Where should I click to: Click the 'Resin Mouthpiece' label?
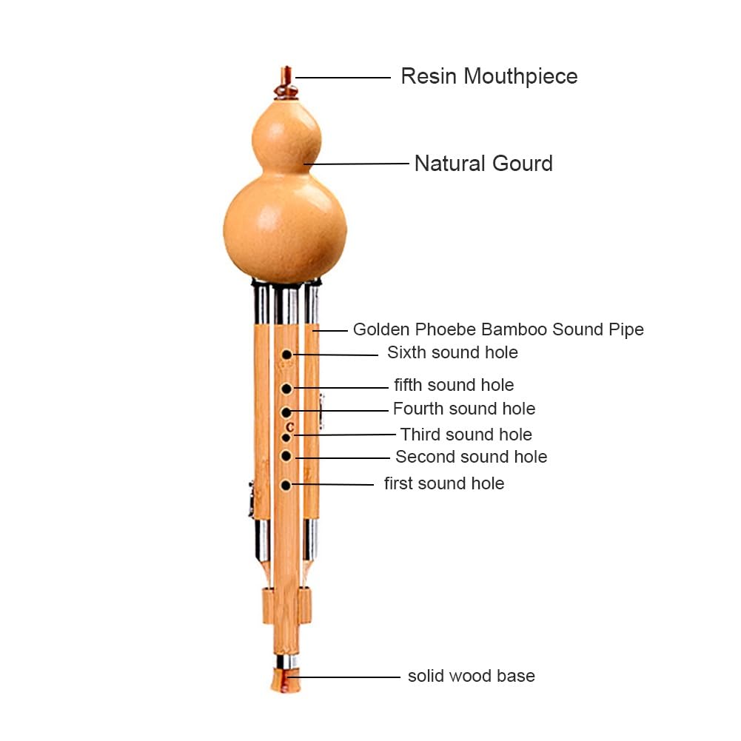[x=489, y=76]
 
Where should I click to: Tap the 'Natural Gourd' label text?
[x=483, y=164]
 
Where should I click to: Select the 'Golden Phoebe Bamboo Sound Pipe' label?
[x=498, y=329]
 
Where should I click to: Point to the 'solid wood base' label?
[x=471, y=676]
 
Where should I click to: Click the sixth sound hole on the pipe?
[x=286, y=355]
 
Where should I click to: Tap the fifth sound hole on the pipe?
[x=286, y=389]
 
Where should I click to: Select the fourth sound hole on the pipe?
[x=286, y=412]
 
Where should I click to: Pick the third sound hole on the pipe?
[x=286, y=437]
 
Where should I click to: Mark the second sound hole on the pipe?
[x=286, y=456]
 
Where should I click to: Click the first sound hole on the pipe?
[x=286, y=486]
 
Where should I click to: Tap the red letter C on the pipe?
[x=290, y=427]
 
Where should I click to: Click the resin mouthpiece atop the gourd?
[x=286, y=83]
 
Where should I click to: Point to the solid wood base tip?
[x=286, y=680]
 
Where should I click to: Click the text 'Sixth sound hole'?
[x=452, y=352]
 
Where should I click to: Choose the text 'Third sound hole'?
[x=466, y=435]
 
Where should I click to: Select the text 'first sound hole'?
[x=443, y=483]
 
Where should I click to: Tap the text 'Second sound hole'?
[x=471, y=457]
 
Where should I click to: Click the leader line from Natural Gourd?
[x=356, y=164]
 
